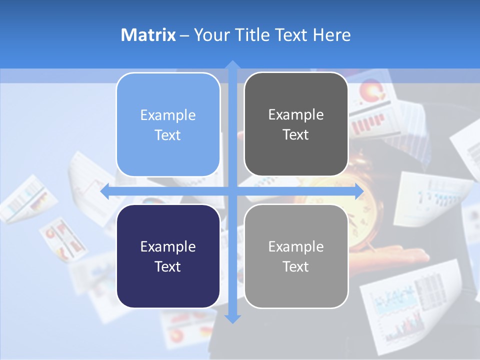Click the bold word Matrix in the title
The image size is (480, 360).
coord(148,35)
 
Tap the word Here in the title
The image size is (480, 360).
coord(331,35)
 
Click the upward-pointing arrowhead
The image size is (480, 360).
coord(232,65)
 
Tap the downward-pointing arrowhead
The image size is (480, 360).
coord(232,318)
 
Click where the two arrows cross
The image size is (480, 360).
coord(232,191)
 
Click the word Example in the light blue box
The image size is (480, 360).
coord(168,115)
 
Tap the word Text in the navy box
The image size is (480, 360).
coord(168,266)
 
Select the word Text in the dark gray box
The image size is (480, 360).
coord(296,134)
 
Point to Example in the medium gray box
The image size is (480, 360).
coord(296,246)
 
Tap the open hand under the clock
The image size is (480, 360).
coord(400,255)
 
